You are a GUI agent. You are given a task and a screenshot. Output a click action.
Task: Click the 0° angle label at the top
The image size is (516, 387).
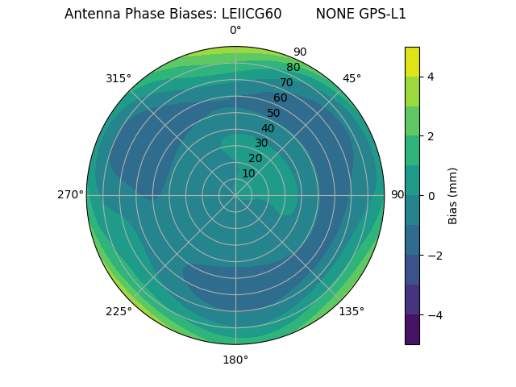point(235,31)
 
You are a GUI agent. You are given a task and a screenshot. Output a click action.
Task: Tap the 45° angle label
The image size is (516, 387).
point(352,78)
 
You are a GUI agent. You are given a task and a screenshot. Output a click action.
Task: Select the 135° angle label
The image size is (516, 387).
point(352,311)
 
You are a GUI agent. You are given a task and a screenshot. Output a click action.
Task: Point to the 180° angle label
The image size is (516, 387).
point(235,360)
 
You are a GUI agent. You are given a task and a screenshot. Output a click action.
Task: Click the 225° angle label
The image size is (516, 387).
point(119,312)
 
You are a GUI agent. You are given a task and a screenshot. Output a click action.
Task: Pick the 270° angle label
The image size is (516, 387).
point(70,194)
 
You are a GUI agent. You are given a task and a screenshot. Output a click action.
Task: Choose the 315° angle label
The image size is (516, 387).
point(119,78)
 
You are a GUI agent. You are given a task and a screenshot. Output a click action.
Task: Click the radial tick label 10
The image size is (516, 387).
point(248,173)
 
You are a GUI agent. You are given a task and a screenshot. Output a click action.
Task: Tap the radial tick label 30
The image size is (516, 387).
point(261,144)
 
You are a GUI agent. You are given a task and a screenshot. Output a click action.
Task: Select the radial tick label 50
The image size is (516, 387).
point(274,113)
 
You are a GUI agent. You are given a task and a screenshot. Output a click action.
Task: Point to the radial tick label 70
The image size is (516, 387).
point(286,82)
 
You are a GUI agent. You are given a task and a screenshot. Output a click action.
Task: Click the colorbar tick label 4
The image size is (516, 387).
point(431,77)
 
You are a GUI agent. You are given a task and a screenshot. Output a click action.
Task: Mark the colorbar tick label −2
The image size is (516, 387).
point(434,256)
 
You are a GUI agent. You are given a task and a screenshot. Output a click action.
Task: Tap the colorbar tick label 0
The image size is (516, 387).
point(431,196)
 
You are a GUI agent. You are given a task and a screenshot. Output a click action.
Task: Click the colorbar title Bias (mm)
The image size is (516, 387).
point(453,195)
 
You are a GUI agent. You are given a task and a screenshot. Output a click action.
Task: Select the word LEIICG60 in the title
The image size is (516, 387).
point(252,14)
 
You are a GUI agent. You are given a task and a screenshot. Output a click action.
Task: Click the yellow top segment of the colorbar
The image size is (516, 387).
point(412,61)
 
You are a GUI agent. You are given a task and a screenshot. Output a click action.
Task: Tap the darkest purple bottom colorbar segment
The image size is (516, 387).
point(412,330)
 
